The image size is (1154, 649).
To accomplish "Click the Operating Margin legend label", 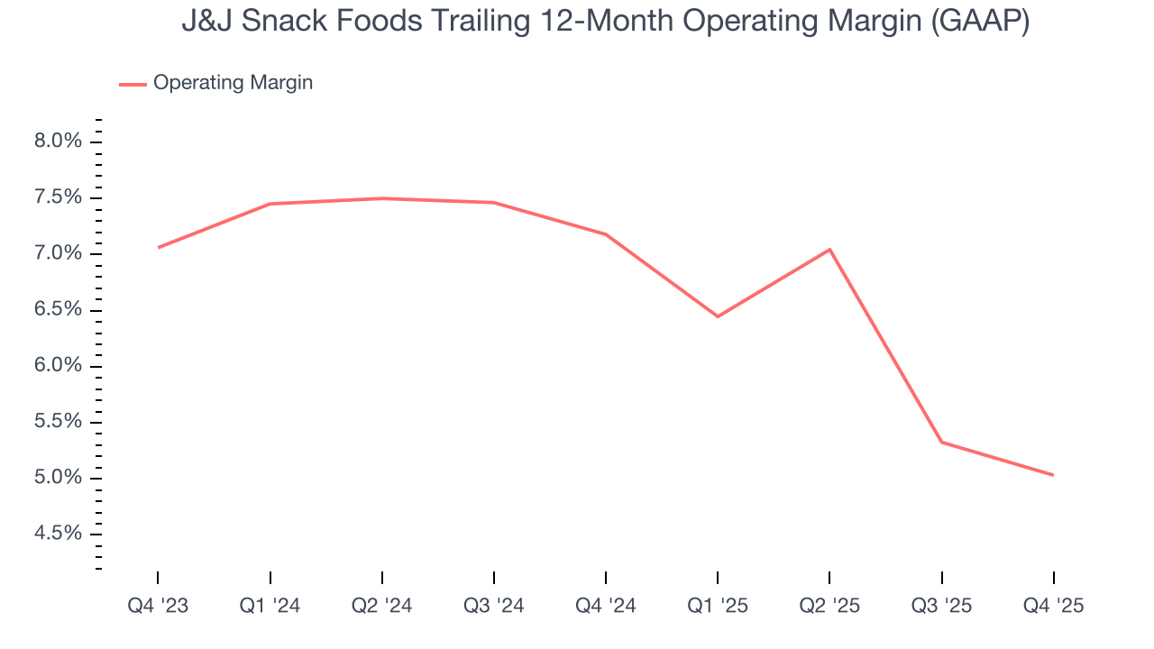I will click(x=233, y=83).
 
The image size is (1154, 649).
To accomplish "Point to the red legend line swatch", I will click(x=133, y=84).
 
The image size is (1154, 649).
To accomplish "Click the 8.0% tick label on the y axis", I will click(x=58, y=142).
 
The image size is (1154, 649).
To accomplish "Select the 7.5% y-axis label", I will click(x=58, y=197).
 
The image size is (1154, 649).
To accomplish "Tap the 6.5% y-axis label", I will click(x=58, y=310).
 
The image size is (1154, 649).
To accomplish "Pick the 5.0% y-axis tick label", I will click(x=58, y=478).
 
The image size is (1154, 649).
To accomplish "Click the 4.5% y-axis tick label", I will click(x=58, y=534).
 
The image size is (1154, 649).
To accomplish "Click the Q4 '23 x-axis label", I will click(x=158, y=606).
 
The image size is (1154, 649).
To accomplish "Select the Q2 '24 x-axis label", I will click(x=382, y=606).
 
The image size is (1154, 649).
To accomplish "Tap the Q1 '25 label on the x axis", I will click(x=718, y=606).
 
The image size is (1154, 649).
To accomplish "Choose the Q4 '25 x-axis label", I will click(x=1053, y=606).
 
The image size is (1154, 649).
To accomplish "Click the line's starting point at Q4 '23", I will click(x=159, y=247).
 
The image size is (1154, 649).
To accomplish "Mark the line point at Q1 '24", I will click(x=270, y=204).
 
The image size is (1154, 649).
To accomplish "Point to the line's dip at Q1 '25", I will click(x=718, y=316).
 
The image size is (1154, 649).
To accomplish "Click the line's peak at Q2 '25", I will click(x=829, y=249).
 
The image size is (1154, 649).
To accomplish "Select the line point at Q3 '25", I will click(x=941, y=442).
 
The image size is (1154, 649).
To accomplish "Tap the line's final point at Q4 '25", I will click(x=1052, y=475).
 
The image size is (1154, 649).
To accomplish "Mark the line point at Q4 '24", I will click(x=606, y=234).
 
